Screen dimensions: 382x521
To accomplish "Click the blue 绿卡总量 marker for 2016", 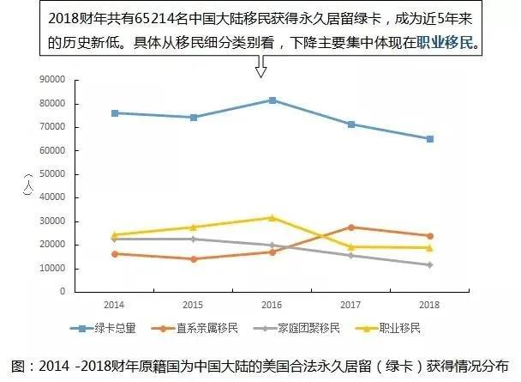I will tap(272, 100).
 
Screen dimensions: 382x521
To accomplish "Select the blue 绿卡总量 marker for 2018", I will tap(430, 139).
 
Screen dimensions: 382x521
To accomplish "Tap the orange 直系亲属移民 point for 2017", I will tap(351, 227).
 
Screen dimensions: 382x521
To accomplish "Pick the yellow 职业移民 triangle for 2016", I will tap(272, 217).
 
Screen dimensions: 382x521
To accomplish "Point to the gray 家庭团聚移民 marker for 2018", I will tap(430, 265).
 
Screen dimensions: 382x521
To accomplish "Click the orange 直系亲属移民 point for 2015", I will tap(194, 259).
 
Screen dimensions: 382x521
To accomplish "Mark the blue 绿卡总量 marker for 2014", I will tap(115, 113).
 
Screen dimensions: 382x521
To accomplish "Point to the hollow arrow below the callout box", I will tap(261, 66).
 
